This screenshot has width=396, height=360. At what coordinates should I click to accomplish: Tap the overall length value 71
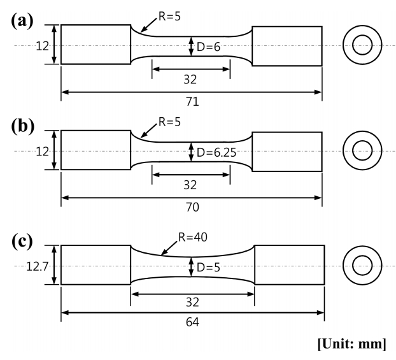[191, 102]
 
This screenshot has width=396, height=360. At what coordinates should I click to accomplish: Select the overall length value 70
[191, 208]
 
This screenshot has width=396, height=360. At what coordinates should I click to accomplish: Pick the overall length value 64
[191, 322]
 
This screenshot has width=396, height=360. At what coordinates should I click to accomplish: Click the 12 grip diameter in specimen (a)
[43, 45]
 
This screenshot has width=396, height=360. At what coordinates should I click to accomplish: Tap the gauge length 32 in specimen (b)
[190, 185]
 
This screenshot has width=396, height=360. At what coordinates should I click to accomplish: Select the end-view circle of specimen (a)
[362, 45]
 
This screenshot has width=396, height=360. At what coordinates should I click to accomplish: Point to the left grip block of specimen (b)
[95, 152]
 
